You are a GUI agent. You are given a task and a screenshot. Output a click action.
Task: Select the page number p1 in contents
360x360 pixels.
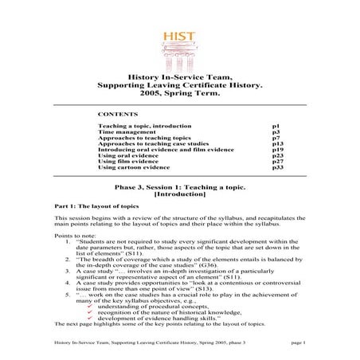pos(275,126)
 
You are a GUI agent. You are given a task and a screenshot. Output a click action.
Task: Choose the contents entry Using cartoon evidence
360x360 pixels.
pos(134,168)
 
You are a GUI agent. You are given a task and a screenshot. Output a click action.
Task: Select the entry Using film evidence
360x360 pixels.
pos(127,162)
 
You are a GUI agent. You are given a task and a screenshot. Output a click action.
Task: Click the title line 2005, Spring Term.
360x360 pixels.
pos(180,94)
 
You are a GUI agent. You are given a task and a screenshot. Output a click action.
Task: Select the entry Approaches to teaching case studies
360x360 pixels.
pos(144,144)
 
